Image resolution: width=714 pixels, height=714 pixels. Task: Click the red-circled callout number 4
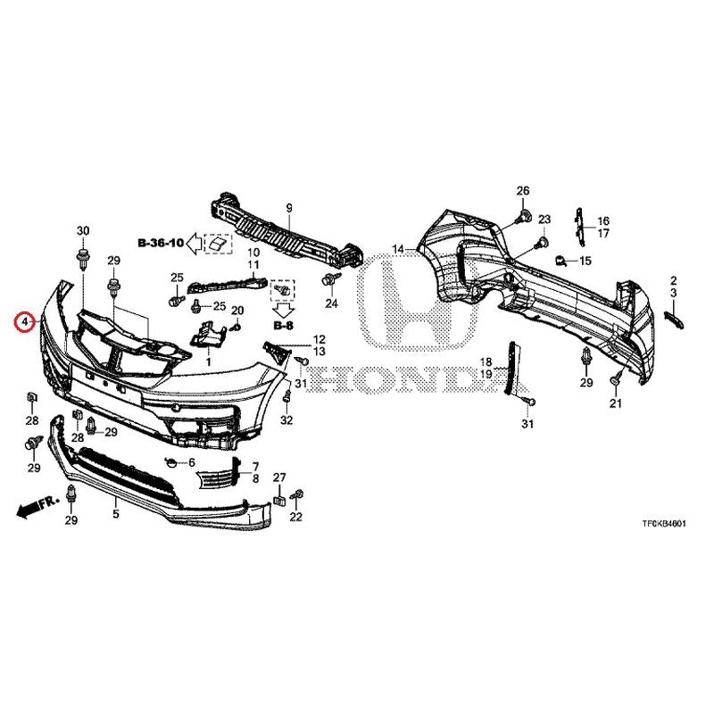[x=26, y=322]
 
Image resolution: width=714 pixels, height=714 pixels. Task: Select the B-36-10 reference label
[x=161, y=243]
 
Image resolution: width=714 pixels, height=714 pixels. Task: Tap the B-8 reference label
[x=283, y=326]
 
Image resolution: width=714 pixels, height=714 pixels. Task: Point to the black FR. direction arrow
[x=37, y=507]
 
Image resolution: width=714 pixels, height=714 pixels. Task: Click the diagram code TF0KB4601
[x=664, y=524]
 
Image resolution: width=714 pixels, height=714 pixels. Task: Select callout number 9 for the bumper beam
[x=288, y=209]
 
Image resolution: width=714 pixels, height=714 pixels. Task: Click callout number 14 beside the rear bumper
[x=398, y=249]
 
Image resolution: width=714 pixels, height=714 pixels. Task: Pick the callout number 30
[x=83, y=231]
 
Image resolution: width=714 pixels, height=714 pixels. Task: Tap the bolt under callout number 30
[x=83, y=258]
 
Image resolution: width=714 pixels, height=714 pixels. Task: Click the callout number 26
[x=523, y=190]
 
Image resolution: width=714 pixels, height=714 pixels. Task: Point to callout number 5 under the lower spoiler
[x=116, y=514]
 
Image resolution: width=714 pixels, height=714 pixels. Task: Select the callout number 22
[x=296, y=517]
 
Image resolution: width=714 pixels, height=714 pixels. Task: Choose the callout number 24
[x=331, y=303]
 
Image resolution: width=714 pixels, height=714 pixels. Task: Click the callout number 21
[x=615, y=403]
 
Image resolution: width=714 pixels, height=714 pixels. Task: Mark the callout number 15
[x=585, y=261]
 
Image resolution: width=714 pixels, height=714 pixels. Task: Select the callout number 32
[x=286, y=419]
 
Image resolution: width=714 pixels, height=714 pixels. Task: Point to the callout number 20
[x=237, y=311]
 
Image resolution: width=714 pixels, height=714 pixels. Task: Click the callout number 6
[x=192, y=462]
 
